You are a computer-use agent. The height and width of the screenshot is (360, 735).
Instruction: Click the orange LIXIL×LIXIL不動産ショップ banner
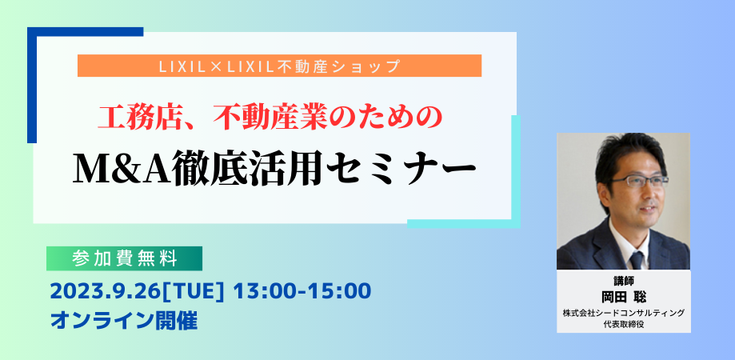coord(279,66)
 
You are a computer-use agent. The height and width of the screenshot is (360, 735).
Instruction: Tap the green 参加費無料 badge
coord(124,258)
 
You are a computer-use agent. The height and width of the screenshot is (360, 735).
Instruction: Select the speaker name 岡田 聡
coord(623,295)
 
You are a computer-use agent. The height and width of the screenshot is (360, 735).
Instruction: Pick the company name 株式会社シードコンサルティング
coord(623,312)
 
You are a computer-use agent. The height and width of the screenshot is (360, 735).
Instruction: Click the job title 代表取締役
coord(623,323)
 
